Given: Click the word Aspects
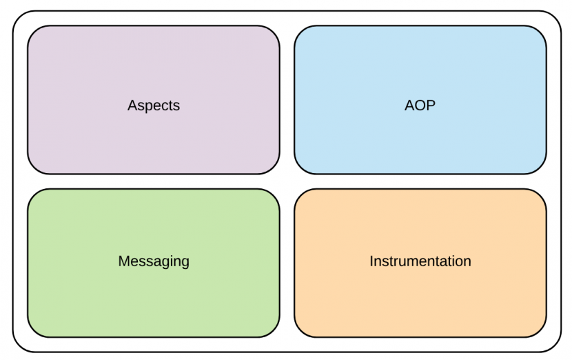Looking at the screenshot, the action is pyautogui.click(x=154, y=106).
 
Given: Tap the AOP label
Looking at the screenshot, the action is pyautogui.click(x=420, y=105).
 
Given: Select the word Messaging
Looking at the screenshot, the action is pyautogui.click(x=154, y=261).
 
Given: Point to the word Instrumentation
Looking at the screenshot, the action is pyautogui.click(x=420, y=261).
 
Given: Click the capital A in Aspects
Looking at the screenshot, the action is pyautogui.click(x=132, y=105).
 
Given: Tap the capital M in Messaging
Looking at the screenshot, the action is pyautogui.click(x=124, y=261).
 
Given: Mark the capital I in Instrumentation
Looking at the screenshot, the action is pyautogui.click(x=371, y=261).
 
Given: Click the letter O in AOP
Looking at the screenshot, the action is pyautogui.click(x=420, y=105).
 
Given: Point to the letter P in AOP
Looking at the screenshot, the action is pyautogui.click(x=431, y=105).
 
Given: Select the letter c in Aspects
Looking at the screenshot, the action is pyautogui.click(x=164, y=107).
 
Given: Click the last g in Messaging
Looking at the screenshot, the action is pyautogui.click(x=185, y=263).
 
